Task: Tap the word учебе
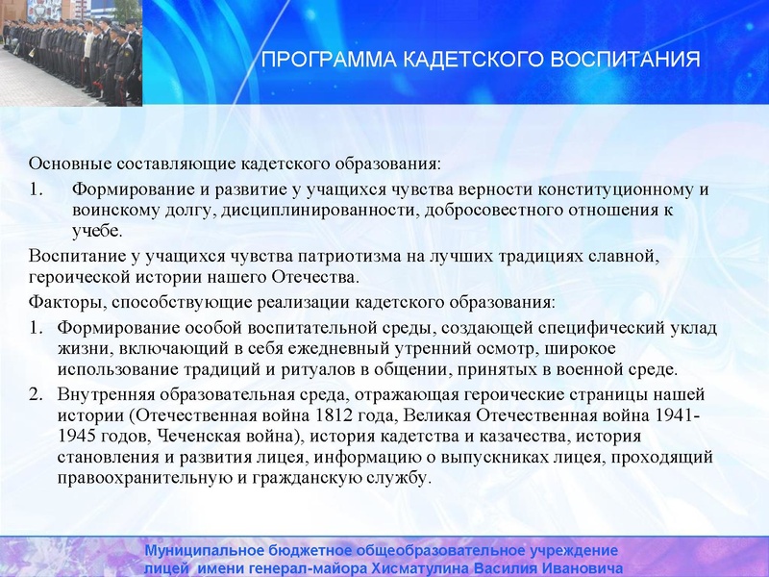click(x=97, y=231)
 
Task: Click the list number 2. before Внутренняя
click(x=36, y=395)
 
